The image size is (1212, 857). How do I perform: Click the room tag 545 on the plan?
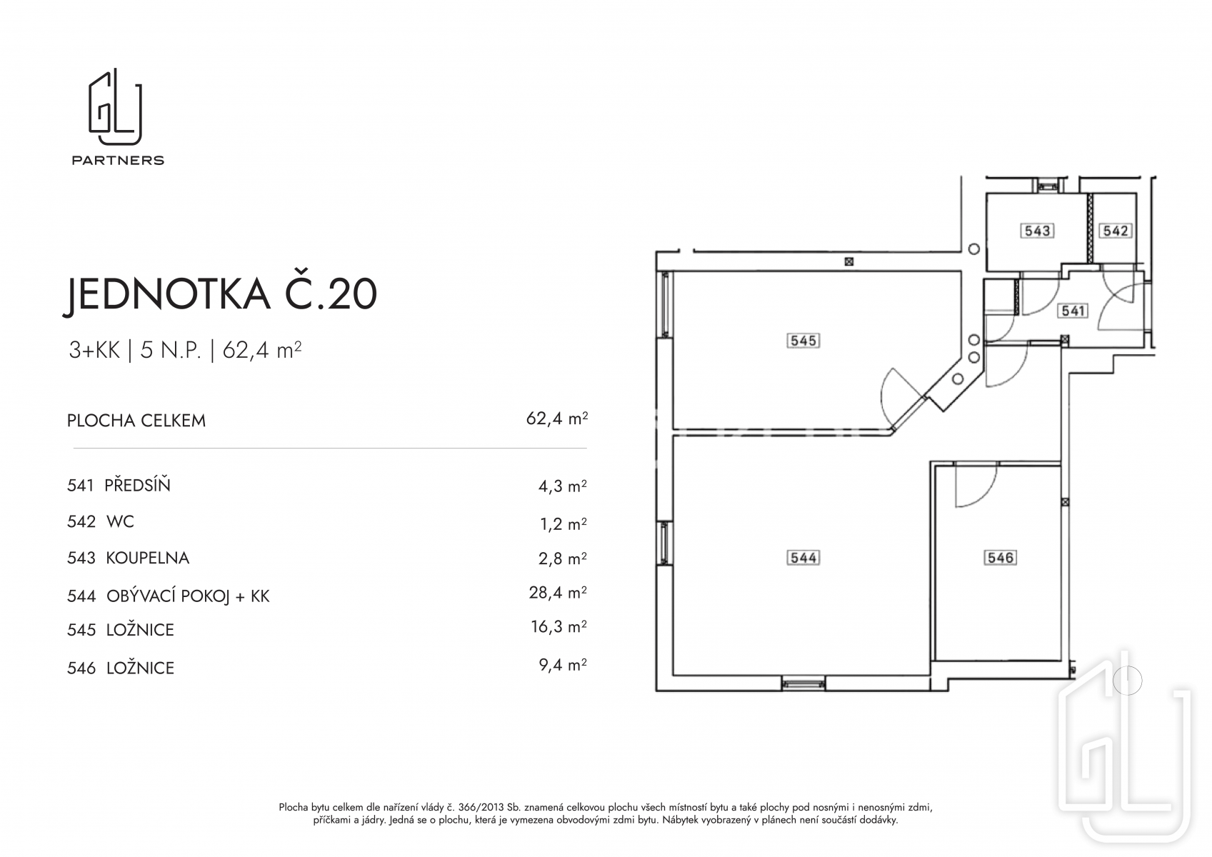click(803, 341)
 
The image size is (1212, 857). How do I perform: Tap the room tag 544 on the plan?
click(803, 558)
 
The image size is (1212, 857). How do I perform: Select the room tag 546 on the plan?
click(1000, 558)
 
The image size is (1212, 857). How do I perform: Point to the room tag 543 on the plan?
click(1037, 231)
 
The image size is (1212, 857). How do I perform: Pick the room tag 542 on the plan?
click(1115, 231)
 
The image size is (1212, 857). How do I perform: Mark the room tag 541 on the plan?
click(1073, 311)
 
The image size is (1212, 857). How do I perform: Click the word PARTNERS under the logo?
click(118, 160)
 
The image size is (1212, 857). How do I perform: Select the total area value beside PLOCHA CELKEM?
click(557, 419)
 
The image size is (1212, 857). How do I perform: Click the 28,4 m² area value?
click(558, 593)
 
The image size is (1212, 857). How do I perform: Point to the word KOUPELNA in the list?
click(148, 558)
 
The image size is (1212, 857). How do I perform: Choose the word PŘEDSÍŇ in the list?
click(137, 485)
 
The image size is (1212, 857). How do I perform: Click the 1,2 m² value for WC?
click(564, 523)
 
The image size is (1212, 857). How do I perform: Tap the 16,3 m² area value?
click(559, 626)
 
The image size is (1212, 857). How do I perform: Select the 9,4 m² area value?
click(563, 664)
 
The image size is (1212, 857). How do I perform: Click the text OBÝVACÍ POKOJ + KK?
click(188, 596)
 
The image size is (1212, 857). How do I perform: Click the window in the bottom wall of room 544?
click(803, 684)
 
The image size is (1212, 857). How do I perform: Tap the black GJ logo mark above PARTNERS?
click(115, 107)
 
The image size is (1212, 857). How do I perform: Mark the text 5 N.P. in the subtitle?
click(171, 351)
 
